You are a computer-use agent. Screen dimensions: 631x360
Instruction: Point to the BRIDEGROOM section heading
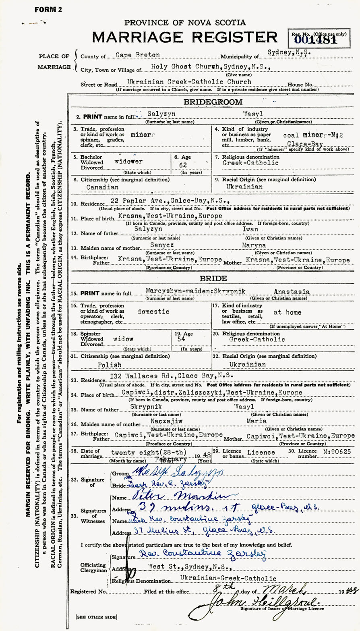point(213,102)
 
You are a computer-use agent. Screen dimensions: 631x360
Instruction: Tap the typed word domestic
point(153,311)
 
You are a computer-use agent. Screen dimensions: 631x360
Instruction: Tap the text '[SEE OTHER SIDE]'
point(96,617)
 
